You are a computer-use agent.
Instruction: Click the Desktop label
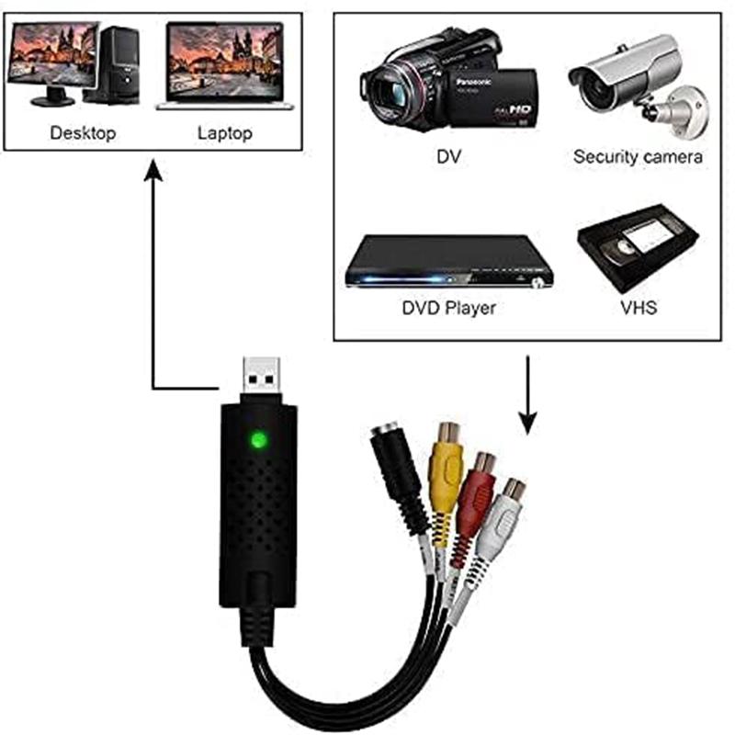tap(83, 132)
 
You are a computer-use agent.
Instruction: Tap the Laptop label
tap(225, 133)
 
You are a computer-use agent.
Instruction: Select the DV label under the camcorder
tap(448, 156)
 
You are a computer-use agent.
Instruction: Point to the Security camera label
tap(638, 156)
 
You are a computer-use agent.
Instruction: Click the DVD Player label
tap(448, 308)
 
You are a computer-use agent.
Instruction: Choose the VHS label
tap(639, 308)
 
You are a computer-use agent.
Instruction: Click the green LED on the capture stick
tap(259, 440)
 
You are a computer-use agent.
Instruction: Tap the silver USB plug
tap(262, 375)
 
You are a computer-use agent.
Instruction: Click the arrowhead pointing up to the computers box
tap(153, 170)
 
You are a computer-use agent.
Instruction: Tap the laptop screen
tap(225, 61)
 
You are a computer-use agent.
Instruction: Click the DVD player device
tap(448, 262)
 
